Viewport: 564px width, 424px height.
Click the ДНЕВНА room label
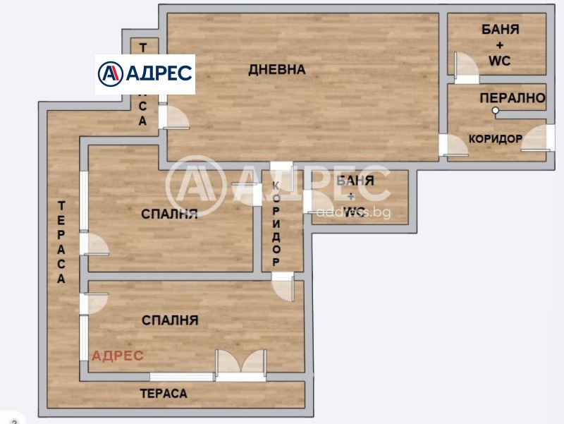[277, 69]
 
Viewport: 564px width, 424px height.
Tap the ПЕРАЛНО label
[513, 98]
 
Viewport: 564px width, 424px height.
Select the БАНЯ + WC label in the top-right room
[501, 45]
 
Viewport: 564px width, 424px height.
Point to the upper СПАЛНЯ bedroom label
[168, 214]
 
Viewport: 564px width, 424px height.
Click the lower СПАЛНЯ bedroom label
[170, 320]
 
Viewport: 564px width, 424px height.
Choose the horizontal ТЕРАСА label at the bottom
[164, 394]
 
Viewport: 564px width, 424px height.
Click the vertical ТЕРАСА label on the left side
[62, 242]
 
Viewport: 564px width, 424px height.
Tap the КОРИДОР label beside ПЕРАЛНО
[496, 139]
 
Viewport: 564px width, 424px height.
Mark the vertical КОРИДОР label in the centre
[276, 223]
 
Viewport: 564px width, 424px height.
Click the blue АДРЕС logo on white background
[145, 73]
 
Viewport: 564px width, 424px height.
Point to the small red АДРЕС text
[117, 356]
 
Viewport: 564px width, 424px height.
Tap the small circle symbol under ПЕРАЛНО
[496, 111]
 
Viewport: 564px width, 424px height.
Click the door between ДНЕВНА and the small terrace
[173, 117]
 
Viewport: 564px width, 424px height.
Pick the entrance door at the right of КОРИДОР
[534, 138]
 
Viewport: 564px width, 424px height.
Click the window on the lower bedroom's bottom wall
[182, 377]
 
